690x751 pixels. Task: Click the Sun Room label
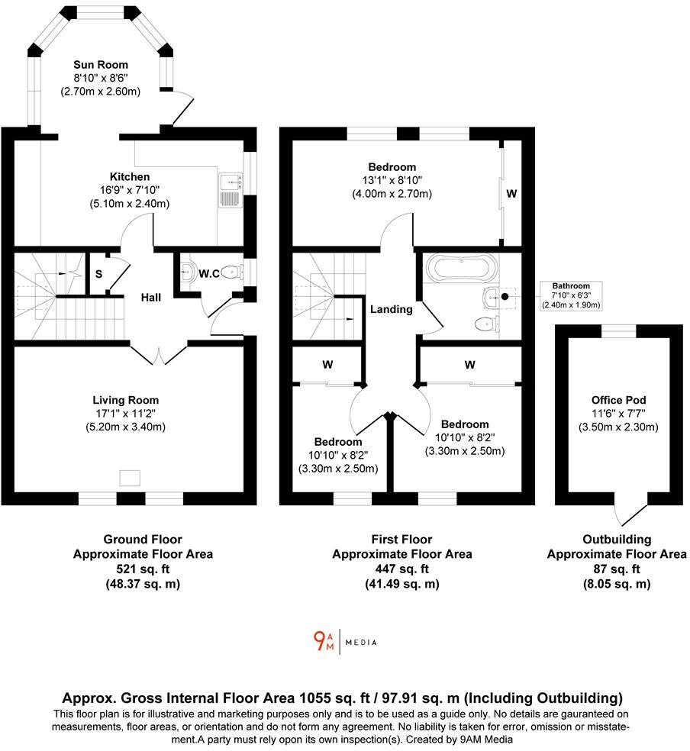pyautogui.click(x=100, y=65)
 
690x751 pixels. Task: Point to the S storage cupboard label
pyautogui.click(x=99, y=274)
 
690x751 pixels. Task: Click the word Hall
pyautogui.click(x=150, y=297)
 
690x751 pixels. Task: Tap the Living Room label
pyautogui.click(x=126, y=400)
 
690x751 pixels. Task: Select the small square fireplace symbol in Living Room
pyautogui.click(x=131, y=478)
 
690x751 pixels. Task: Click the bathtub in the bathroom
pyautogui.click(x=462, y=268)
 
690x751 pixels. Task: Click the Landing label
pyautogui.click(x=392, y=309)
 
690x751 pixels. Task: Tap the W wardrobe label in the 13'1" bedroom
pyautogui.click(x=511, y=195)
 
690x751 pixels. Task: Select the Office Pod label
pyautogui.click(x=618, y=400)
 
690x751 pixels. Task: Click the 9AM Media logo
pyautogui.click(x=345, y=641)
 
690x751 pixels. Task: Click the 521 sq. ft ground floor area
pyautogui.click(x=143, y=569)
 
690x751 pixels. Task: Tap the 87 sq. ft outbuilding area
pyautogui.click(x=617, y=569)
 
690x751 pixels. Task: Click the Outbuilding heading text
pyautogui.click(x=617, y=539)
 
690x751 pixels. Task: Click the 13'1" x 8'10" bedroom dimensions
pyautogui.click(x=392, y=180)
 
